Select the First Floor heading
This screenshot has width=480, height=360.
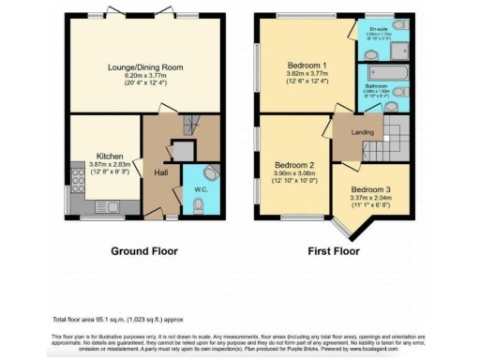pos(333,251)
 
